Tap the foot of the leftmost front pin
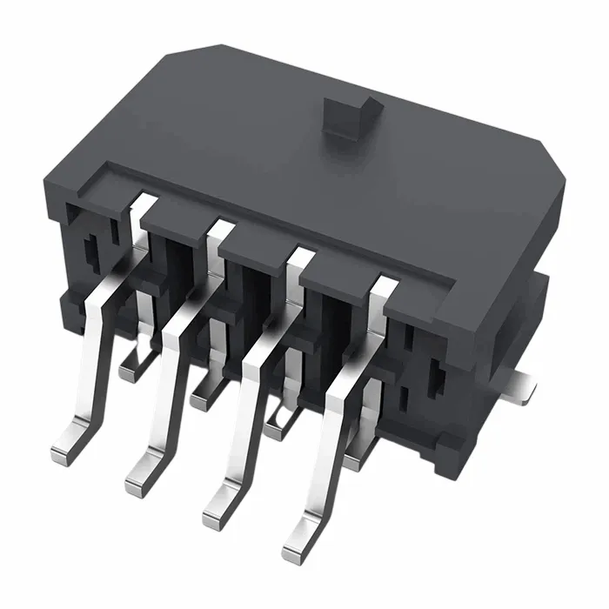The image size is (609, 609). [x=67, y=449]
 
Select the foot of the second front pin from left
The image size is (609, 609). [x=142, y=474]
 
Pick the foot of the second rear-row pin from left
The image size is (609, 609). [x=202, y=397]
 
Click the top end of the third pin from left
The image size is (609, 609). [x=300, y=258]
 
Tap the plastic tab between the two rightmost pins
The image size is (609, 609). [x=340, y=275]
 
